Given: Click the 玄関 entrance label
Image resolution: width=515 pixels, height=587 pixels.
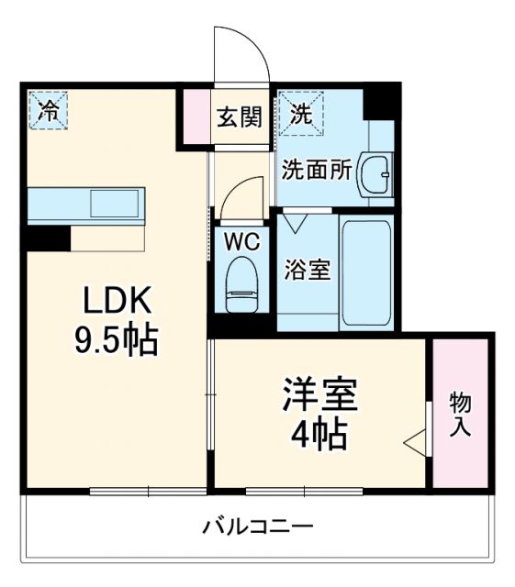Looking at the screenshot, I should [x=240, y=117].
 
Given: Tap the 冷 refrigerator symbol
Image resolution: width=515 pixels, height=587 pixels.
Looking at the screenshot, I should [x=48, y=111].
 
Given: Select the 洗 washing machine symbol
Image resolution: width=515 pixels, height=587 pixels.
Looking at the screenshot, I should [x=300, y=115].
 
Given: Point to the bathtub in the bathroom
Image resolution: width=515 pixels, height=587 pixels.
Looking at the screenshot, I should [x=366, y=272].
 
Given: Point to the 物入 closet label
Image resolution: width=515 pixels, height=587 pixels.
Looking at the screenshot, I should [x=460, y=415].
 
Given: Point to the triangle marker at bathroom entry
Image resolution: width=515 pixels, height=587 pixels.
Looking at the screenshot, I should [x=295, y=222].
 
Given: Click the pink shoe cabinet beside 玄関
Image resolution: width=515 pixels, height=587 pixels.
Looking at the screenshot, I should [x=196, y=116].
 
